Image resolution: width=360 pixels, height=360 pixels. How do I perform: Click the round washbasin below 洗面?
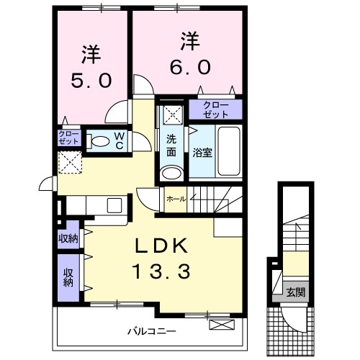click(x=171, y=173)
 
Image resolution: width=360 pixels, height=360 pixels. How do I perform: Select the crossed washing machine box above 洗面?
click(x=171, y=113)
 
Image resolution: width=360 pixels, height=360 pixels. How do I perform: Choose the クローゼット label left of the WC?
click(x=69, y=138)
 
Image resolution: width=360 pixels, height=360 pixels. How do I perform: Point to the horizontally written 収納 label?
click(x=68, y=239)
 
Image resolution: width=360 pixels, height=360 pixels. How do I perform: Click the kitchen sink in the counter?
click(x=114, y=205)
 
